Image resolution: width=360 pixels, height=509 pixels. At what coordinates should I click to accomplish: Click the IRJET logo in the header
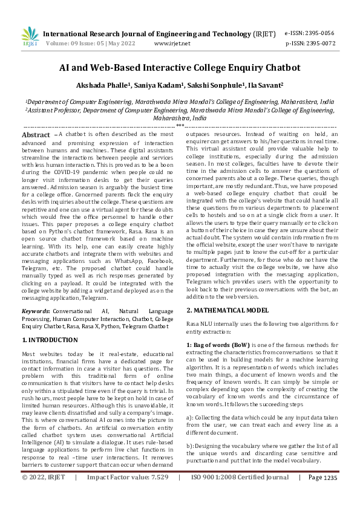coord(30,37)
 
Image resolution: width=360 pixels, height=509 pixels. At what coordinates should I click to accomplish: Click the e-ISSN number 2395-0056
coord(320,33)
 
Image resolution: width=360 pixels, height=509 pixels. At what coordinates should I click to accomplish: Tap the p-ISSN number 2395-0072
coord(320,44)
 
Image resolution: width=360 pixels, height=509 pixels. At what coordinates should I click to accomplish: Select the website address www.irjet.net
coord(172,44)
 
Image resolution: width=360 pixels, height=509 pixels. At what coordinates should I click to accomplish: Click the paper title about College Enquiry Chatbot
coord(180,69)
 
